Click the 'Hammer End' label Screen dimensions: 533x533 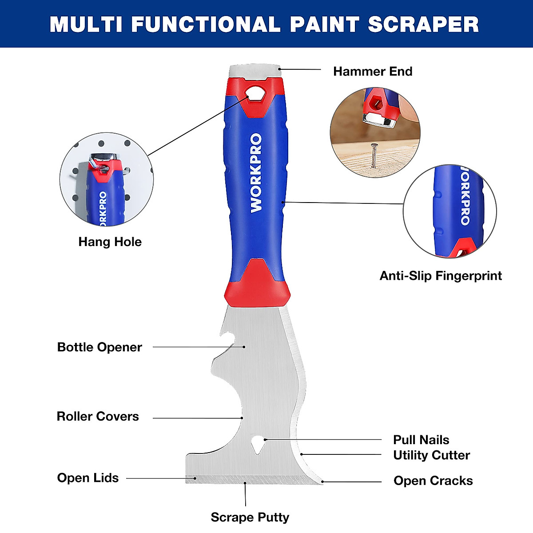372,72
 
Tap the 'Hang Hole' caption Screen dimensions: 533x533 110,242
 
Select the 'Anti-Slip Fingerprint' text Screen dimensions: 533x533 440,276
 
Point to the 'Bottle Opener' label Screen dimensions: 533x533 99,347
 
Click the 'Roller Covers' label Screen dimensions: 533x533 98,417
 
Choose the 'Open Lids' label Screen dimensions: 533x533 88,478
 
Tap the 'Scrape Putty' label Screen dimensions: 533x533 250,517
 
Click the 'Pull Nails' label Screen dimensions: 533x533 421,440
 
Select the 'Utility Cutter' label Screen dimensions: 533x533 431,455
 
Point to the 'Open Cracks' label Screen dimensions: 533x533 433,481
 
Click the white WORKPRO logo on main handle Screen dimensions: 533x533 256,173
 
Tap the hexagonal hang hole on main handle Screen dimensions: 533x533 255,93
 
